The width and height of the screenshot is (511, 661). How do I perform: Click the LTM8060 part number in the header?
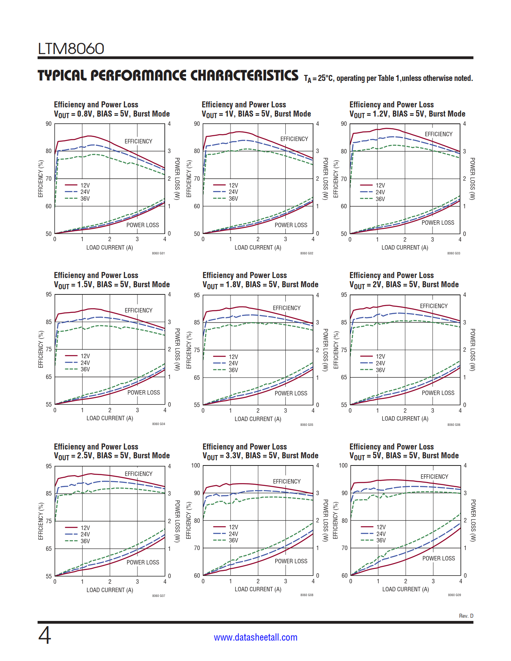click(x=71, y=49)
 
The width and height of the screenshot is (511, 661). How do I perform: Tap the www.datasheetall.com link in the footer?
click(x=255, y=637)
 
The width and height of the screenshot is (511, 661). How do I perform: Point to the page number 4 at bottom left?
click(x=44, y=635)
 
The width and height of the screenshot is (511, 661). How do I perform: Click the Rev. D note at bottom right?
click(x=466, y=616)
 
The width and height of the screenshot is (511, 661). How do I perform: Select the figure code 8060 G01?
click(x=158, y=253)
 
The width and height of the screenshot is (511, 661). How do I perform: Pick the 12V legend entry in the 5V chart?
click(x=381, y=527)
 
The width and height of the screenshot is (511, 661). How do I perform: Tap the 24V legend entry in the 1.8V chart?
click(x=233, y=363)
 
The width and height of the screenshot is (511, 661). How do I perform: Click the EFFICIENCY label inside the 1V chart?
click(x=294, y=139)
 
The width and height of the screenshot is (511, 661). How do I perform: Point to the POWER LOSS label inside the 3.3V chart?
click(x=291, y=561)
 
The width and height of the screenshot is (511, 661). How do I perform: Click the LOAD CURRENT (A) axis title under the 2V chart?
click(x=405, y=419)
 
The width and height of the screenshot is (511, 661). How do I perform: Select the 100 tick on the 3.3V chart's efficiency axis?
click(x=196, y=466)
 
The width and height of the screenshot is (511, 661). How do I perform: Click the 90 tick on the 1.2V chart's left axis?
click(x=344, y=124)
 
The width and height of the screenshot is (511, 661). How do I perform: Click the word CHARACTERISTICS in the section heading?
click(x=244, y=76)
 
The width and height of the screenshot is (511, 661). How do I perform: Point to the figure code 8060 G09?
click(x=454, y=595)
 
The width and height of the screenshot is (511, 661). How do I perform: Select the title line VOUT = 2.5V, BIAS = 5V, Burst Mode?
click(x=112, y=456)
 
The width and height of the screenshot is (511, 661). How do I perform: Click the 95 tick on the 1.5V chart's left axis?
click(x=48, y=294)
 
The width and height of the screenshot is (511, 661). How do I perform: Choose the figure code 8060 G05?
click(x=307, y=425)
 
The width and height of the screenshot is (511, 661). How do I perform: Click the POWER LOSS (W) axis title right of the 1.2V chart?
click(x=472, y=179)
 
